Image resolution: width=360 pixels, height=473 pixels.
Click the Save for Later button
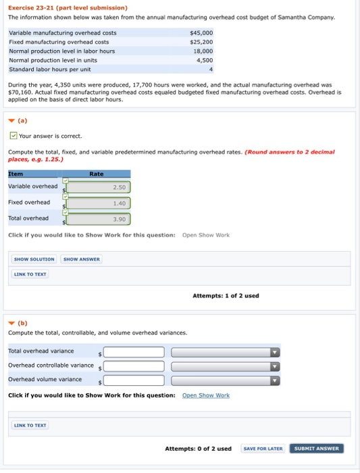click(263, 448)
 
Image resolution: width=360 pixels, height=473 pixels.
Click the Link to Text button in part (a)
click(30, 274)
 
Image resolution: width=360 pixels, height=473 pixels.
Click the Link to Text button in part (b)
click(30, 425)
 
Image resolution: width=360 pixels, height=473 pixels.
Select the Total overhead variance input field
click(134, 352)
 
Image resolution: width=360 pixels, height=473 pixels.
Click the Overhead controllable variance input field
click(134, 366)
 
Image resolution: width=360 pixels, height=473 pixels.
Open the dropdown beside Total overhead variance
click(226, 352)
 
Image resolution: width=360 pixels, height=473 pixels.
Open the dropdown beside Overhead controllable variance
click(226, 366)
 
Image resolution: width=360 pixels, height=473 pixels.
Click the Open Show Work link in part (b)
click(206, 395)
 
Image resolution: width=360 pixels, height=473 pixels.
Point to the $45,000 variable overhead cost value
click(201, 32)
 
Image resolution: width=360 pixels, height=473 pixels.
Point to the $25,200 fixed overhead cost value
click(201, 42)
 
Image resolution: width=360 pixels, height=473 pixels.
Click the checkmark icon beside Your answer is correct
click(13, 136)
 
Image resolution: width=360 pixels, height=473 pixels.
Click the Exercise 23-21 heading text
click(68, 7)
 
